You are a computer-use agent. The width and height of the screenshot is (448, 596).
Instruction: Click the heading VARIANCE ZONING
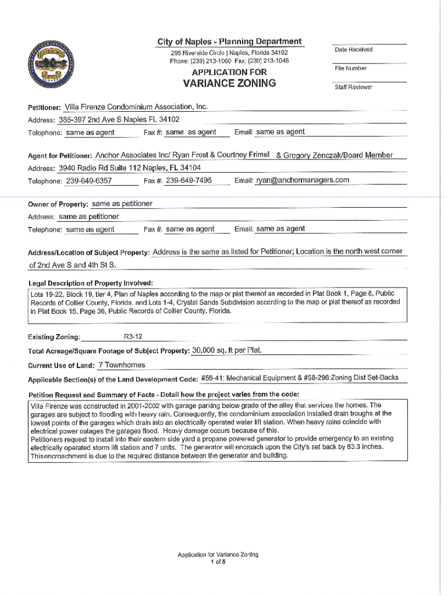pyautogui.click(x=229, y=83)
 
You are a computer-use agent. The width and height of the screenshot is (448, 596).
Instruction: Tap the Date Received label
pyautogui.click(x=353, y=49)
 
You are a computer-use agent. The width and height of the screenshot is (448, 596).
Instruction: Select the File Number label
pyautogui.click(x=351, y=69)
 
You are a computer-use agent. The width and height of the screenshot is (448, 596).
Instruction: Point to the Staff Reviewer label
pyautogui.click(x=353, y=87)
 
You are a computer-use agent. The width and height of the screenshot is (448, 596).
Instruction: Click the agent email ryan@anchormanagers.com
pyautogui.click(x=303, y=180)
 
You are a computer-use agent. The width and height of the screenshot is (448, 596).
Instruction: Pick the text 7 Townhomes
pyautogui.click(x=122, y=366)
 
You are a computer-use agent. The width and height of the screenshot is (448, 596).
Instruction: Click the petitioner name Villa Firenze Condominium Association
pyautogui.click(x=136, y=107)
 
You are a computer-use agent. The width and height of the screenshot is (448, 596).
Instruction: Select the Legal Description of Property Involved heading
pyautogui.click(x=91, y=282)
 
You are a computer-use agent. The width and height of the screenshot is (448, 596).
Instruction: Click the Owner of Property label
pyautogui.click(x=58, y=204)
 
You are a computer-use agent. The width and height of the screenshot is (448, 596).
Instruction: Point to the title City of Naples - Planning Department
pyautogui.click(x=229, y=41)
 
